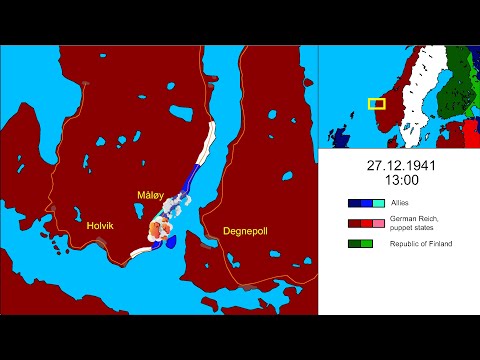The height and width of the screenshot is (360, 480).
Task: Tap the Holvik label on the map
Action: tap(100, 225)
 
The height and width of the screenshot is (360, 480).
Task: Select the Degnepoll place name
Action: tap(232, 231)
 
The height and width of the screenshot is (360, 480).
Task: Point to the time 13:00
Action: tap(398, 180)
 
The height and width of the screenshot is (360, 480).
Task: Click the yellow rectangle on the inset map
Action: tap(376, 103)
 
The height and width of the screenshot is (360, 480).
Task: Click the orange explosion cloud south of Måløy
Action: tap(156, 231)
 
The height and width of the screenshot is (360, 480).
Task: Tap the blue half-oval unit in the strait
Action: tap(169, 242)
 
